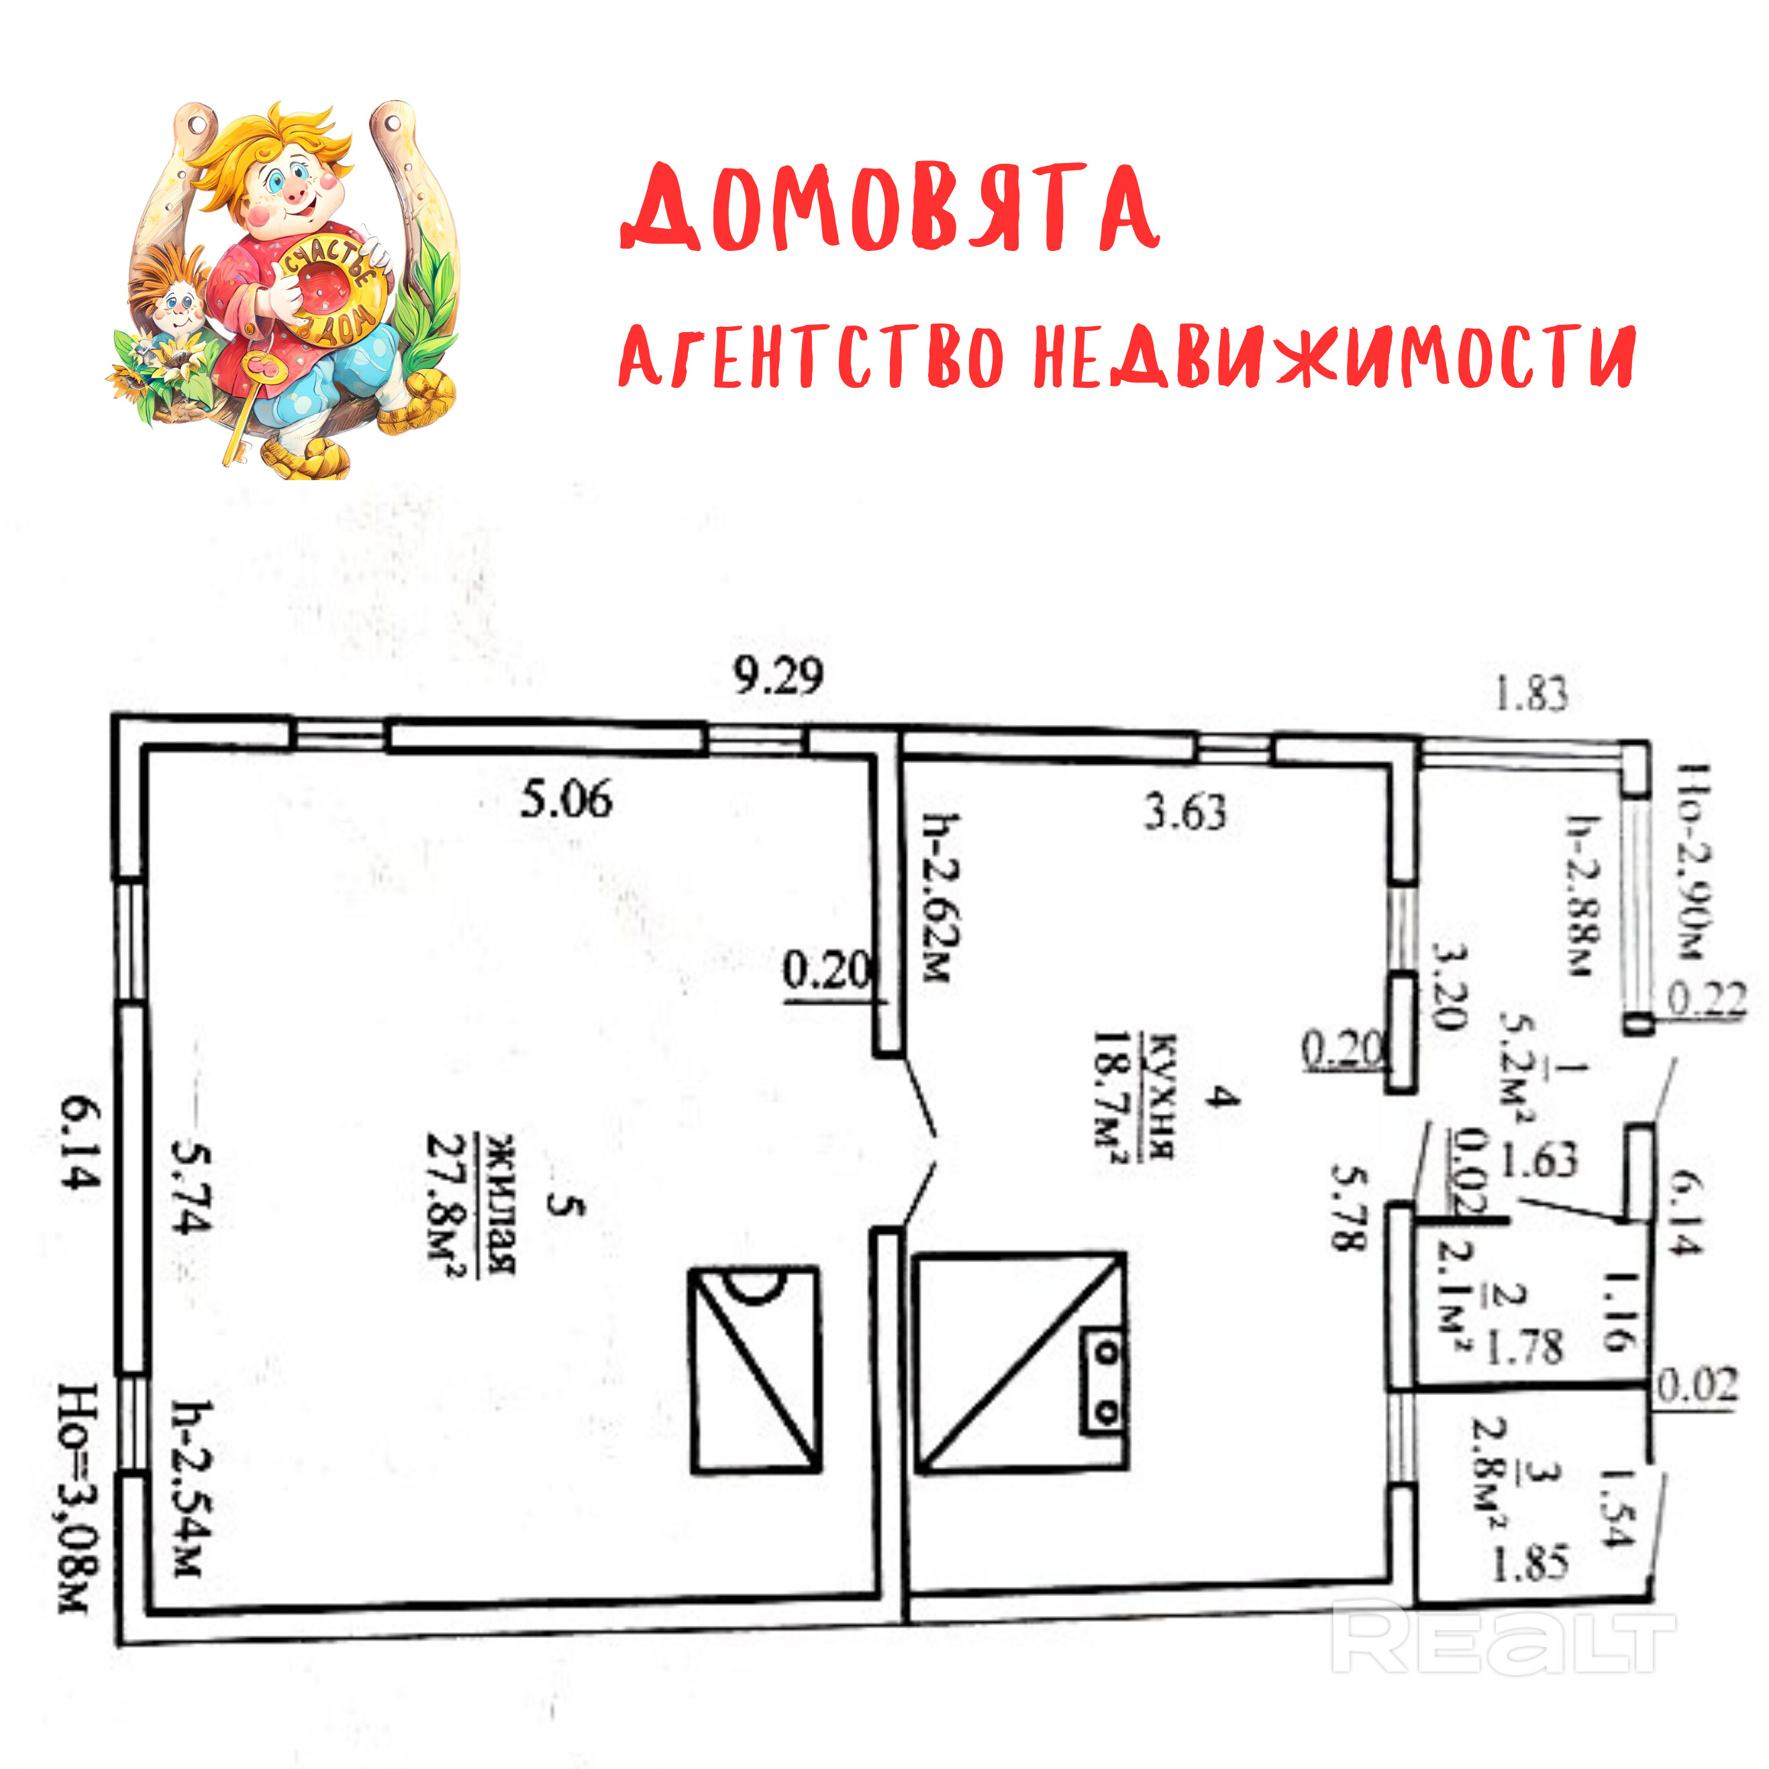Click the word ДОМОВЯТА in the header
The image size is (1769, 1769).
tap(890, 209)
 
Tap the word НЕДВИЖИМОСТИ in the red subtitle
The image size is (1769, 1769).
tap(1333, 357)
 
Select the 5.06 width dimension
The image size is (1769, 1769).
tap(566, 799)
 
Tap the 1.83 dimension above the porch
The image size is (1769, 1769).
tap(1531, 693)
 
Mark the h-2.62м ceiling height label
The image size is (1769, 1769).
tap(942, 898)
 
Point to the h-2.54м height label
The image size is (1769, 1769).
tap(194, 1488)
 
